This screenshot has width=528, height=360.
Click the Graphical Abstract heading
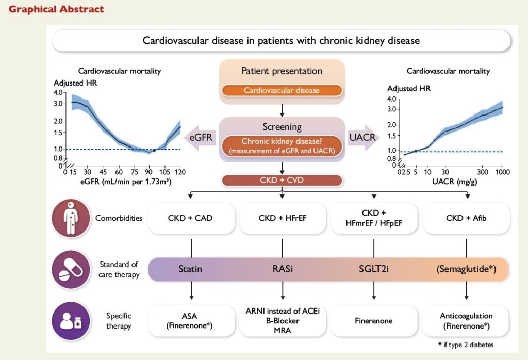pyautogui.click(x=56, y=9)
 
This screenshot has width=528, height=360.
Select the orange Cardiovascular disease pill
pyautogui.click(x=282, y=90)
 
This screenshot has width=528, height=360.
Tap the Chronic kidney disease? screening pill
pyautogui.click(x=282, y=145)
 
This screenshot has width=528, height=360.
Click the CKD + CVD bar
pyautogui.click(x=282, y=181)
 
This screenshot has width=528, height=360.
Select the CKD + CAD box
pyautogui.click(x=190, y=218)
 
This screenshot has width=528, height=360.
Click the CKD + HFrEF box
pyautogui.click(x=282, y=218)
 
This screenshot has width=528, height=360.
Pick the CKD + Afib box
pyautogui.click(x=466, y=218)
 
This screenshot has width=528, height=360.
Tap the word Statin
pyautogui.click(x=190, y=269)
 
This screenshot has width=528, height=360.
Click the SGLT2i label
pyautogui.click(x=373, y=269)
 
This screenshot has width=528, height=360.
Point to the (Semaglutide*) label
pyautogui.click(x=466, y=269)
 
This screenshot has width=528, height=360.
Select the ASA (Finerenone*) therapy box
pyautogui.click(x=190, y=320)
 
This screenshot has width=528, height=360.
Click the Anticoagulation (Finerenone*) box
pyautogui.click(x=466, y=320)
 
